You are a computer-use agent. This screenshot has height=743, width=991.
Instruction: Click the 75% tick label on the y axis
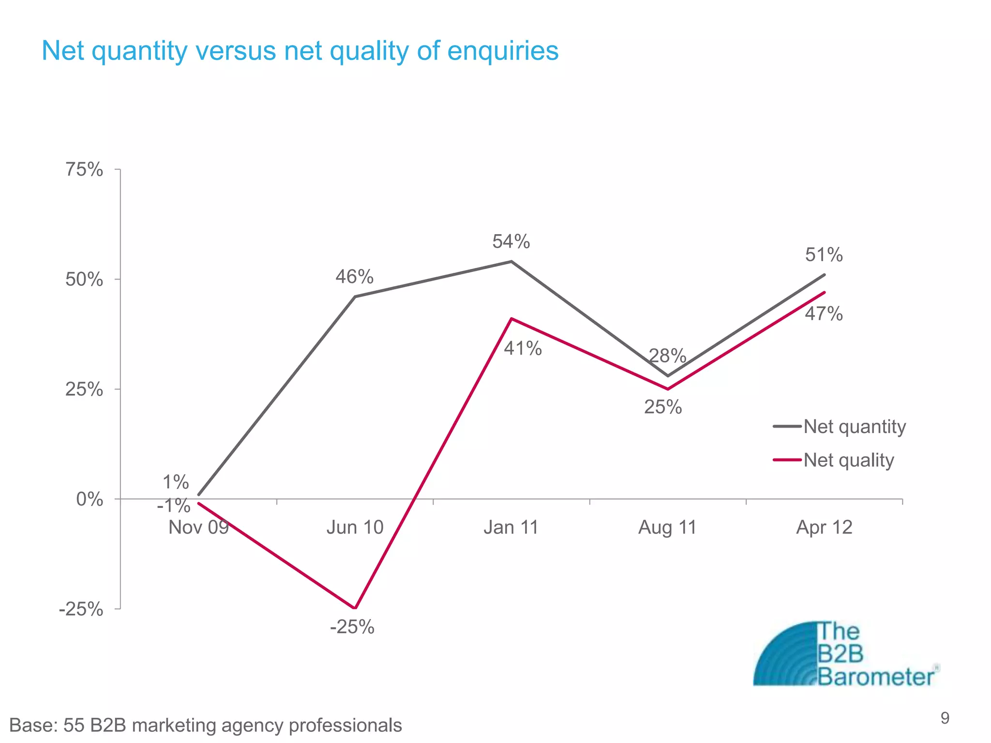click(x=84, y=170)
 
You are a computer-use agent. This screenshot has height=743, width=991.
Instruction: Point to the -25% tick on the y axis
click(x=81, y=609)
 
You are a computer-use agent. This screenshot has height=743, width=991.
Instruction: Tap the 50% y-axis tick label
click(x=84, y=280)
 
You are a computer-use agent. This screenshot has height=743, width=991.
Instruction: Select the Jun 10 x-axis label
click(x=355, y=527)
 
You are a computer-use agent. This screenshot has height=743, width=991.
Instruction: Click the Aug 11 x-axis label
click(x=667, y=527)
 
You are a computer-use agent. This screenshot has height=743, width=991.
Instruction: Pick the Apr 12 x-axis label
click(x=824, y=527)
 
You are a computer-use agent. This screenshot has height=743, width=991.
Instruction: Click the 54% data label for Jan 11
click(x=511, y=241)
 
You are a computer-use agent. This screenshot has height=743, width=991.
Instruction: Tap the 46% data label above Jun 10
click(x=354, y=277)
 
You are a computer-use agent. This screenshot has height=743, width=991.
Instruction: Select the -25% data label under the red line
click(x=352, y=627)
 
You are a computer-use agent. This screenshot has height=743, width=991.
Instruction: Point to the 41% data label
click(x=523, y=348)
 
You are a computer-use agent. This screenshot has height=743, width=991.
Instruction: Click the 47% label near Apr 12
click(x=824, y=314)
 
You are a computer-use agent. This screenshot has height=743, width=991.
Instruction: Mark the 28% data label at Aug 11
click(x=667, y=357)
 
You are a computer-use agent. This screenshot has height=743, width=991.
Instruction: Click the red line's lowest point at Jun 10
click(x=355, y=608)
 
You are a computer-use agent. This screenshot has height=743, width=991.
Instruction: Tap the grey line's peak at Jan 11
click(x=511, y=262)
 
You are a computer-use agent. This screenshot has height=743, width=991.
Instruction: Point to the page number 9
click(x=945, y=718)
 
